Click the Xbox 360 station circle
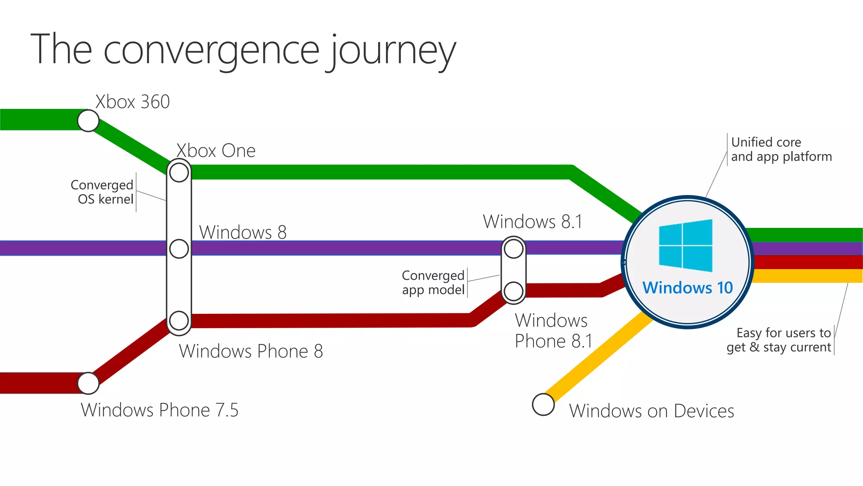pos(88,121)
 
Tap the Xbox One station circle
pos(179,172)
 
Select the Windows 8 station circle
pos(179,249)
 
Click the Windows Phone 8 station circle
pos(179,321)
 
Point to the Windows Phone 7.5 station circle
pos(88,383)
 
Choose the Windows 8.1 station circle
pos(514,249)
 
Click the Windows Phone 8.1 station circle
pos(514,291)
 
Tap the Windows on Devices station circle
pos(543,405)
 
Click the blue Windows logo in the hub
pos(686,245)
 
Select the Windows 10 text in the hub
pos(687,288)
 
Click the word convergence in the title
pos(212,51)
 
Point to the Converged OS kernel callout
pos(102,192)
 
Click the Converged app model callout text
pos(433,283)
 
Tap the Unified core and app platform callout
pos(781,149)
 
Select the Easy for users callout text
pos(779,340)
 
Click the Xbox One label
pos(216,151)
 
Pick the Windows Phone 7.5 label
pos(160,410)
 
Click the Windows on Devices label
pos(651,411)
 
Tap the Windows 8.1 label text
pos(533,222)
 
